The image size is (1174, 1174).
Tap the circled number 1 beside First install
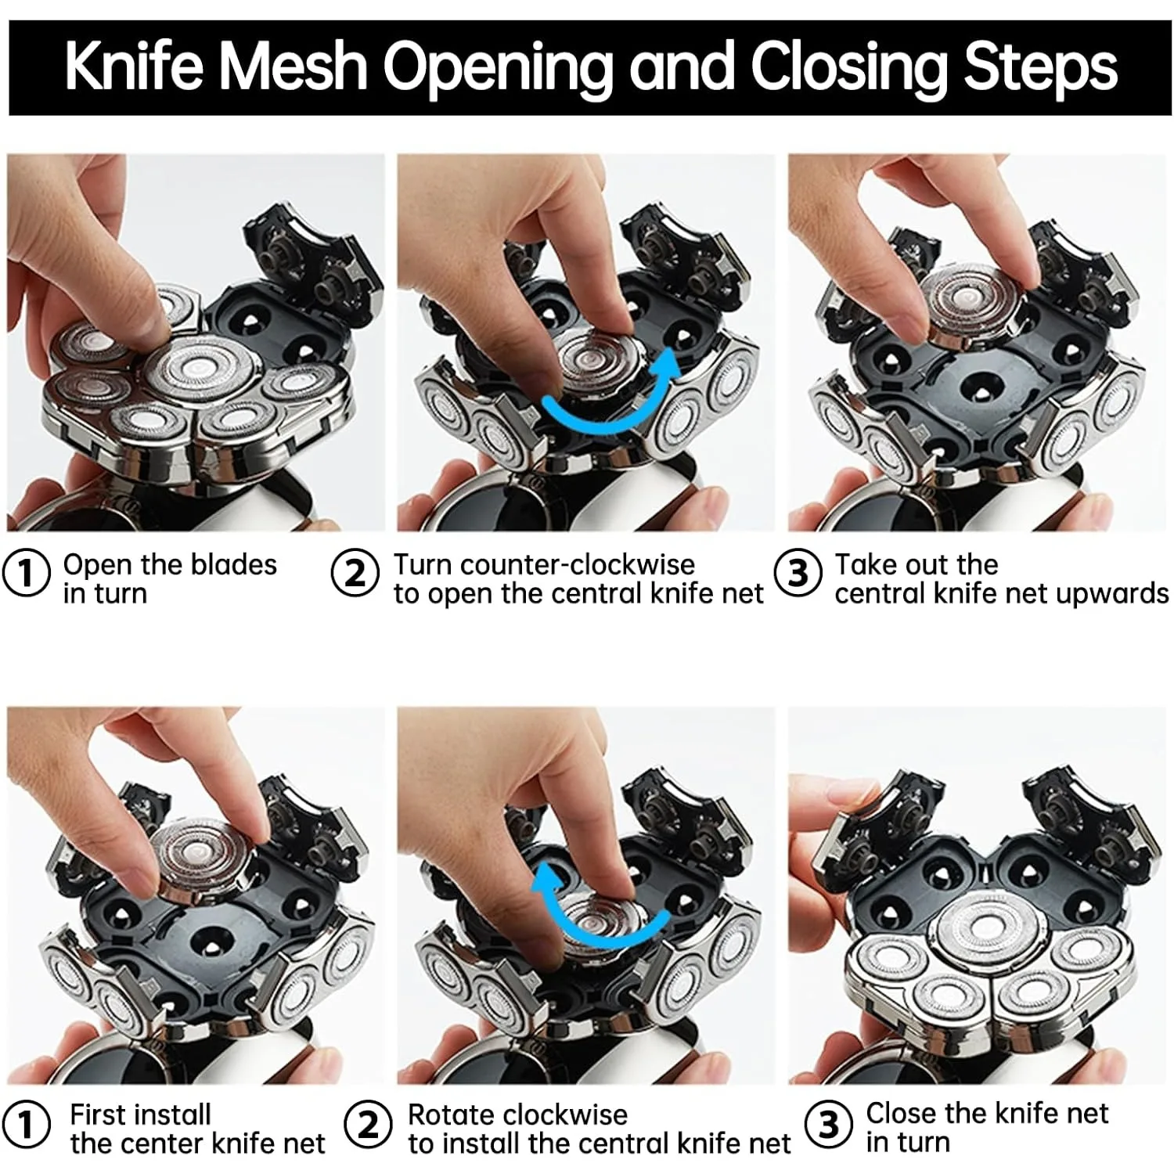pyautogui.click(x=27, y=1125)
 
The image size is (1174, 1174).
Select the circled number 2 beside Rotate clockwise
pyautogui.click(x=368, y=1125)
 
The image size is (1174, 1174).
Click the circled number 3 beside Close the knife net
pyautogui.click(x=829, y=1125)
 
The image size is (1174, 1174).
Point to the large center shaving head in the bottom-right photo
pyautogui.click(x=989, y=927)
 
